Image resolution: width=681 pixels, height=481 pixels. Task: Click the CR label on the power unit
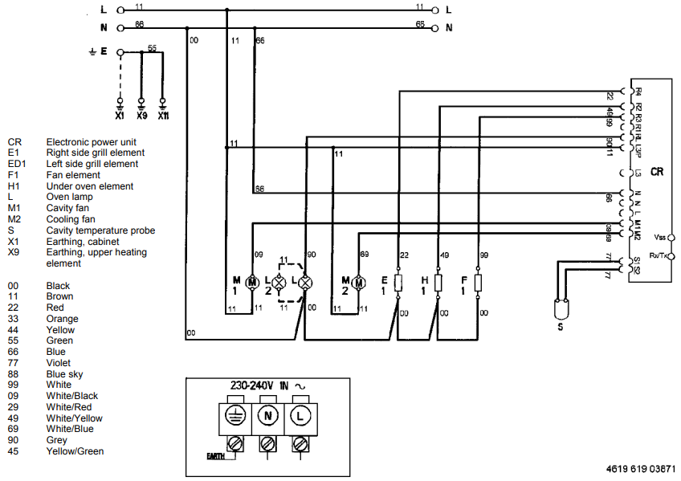(x=657, y=171)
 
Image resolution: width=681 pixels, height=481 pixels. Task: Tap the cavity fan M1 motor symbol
(x=252, y=282)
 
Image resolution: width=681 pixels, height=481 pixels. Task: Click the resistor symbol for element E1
(x=398, y=282)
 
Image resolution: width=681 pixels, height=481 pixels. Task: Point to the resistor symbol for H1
(x=438, y=282)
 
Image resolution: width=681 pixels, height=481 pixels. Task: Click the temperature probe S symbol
(x=563, y=308)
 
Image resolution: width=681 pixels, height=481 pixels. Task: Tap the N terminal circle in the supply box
(x=267, y=416)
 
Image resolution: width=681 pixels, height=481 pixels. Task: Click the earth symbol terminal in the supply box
(x=234, y=416)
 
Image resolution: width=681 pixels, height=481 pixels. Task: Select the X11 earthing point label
(x=163, y=116)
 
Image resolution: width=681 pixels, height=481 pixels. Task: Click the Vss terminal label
(x=660, y=238)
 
